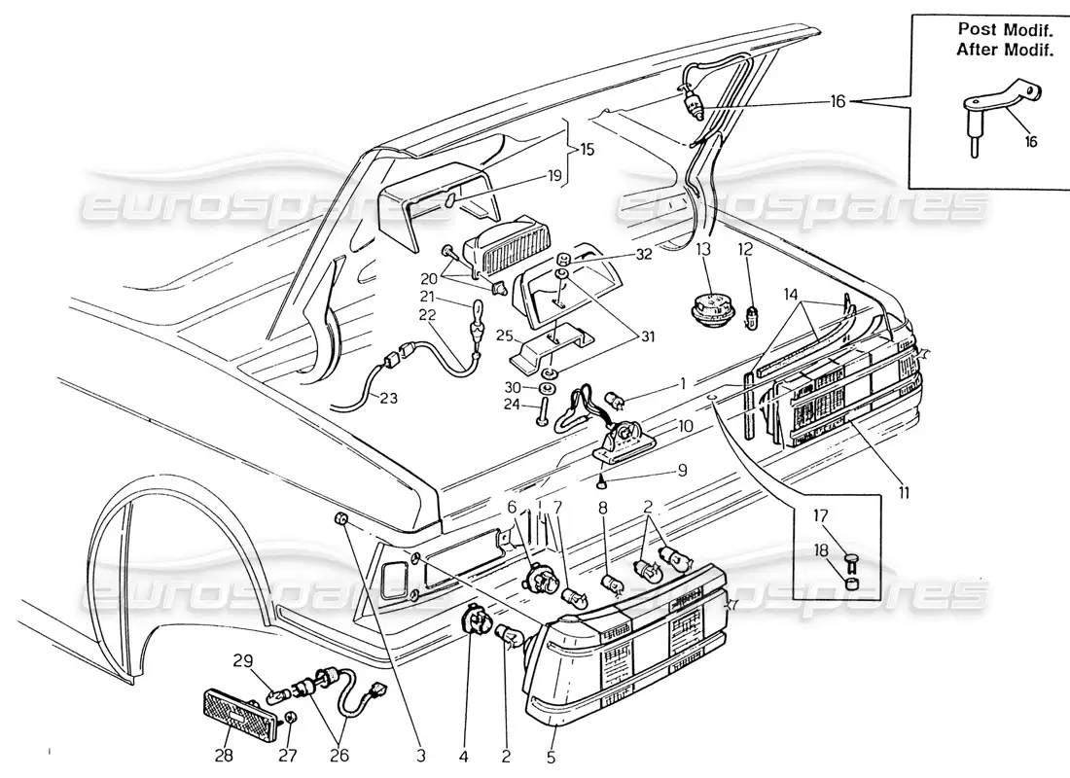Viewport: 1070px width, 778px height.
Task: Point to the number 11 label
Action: click(x=904, y=492)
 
